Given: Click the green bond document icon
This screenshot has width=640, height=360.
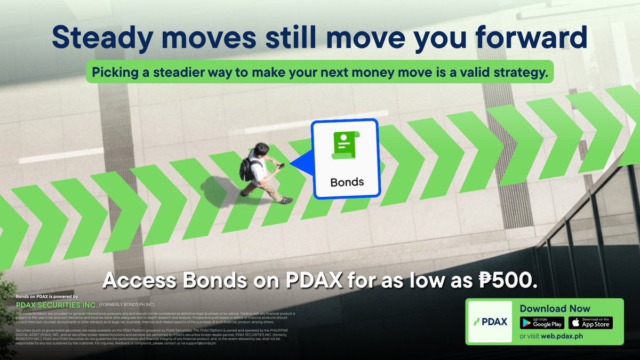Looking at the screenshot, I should click(x=345, y=145).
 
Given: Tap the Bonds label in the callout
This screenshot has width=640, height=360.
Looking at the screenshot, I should click(x=347, y=182).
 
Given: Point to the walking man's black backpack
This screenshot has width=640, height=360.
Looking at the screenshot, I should click(x=246, y=168).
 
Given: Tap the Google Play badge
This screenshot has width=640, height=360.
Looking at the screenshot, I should click(x=542, y=323).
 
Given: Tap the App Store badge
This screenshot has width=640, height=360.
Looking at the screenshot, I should click(x=590, y=323).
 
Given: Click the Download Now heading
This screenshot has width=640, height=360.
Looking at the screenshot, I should click(x=555, y=308).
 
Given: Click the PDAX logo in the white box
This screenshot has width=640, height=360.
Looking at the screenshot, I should click(x=490, y=322).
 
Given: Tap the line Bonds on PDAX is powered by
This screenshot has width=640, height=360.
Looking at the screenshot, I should click(x=47, y=297).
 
